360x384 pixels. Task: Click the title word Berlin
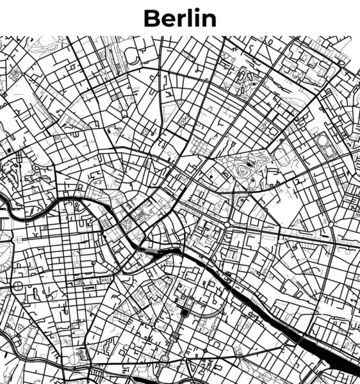pyautogui.click(x=180, y=18)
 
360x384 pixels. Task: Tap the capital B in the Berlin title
pyautogui.click(x=152, y=18)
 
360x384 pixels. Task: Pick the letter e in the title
pyautogui.click(x=167, y=20)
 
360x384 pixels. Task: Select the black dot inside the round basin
pyautogui.click(x=186, y=313)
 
